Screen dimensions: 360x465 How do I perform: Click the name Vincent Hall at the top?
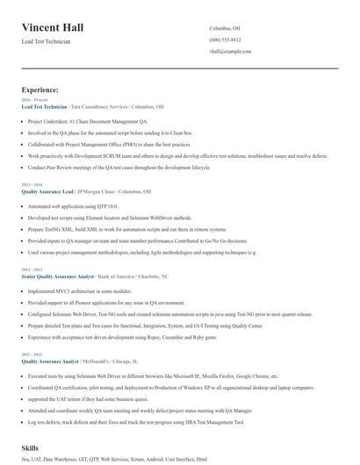point(53,27)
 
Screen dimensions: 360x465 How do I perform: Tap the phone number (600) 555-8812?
point(225,40)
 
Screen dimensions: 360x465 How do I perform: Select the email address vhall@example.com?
point(232,52)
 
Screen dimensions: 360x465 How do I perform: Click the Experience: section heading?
point(40,89)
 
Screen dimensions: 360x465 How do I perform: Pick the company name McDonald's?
point(95,360)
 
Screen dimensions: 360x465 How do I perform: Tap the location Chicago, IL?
point(126,360)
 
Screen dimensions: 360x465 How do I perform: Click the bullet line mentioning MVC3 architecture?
point(80,290)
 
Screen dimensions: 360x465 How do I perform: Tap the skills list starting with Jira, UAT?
point(114,459)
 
